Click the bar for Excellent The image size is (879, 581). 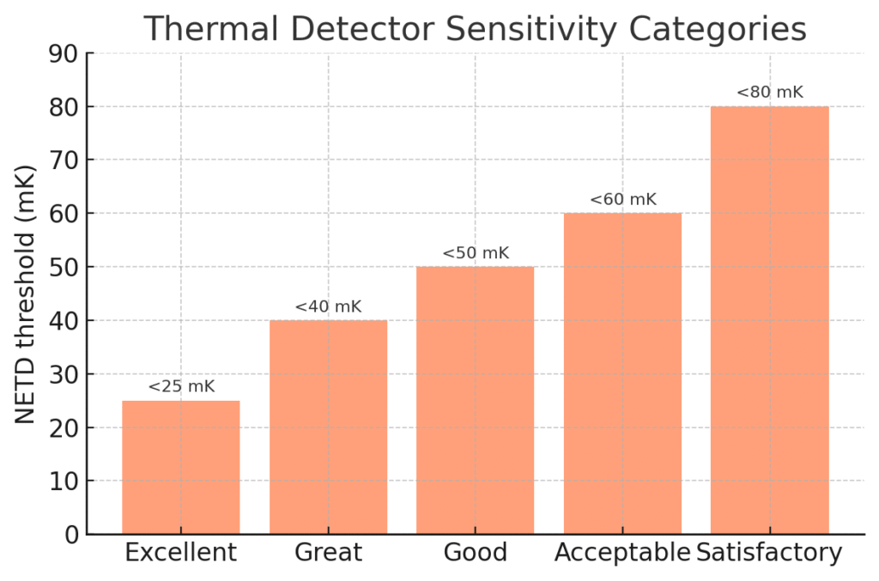(x=181, y=468)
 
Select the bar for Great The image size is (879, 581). (x=328, y=427)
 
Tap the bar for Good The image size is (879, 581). (x=476, y=401)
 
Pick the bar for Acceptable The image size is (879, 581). (x=622, y=374)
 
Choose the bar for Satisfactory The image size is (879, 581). (x=770, y=320)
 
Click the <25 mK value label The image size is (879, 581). (x=181, y=387)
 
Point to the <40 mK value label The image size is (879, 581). (x=328, y=306)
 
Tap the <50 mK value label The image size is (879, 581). (x=476, y=253)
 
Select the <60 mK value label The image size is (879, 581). (x=622, y=200)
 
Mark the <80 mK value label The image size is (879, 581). (x=770, y=93)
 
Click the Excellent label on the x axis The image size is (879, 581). (x=181, y=553)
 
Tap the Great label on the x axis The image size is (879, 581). (x=328, y=553)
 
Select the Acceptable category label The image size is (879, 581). (x=622, y=553)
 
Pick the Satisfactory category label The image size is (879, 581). (x=770, y=553)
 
